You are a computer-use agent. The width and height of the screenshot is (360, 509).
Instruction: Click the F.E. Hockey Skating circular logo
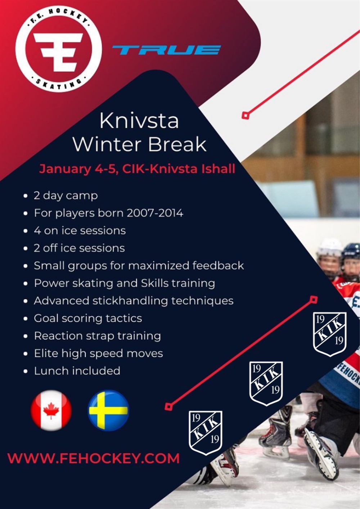pyautogui.click(x=59, y=49)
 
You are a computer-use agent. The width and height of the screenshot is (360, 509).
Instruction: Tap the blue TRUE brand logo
pyautogui.click(x=167, y=50)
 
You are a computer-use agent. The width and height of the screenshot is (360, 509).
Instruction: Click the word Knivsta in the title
pyautogui.click(x=139, y=121)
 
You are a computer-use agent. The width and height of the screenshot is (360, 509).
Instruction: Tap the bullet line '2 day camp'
pyautogui.click(x=66, y=196)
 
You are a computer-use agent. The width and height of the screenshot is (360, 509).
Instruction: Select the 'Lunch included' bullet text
pyautogui.click(x=77, y=371)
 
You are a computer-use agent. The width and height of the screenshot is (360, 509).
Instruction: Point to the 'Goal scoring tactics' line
pyautogui.click(x=88, y=318)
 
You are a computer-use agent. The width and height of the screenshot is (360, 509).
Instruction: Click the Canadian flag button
pyautogui.click(x=51, y=410)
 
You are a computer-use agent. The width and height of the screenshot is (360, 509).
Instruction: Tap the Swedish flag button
pyautogui.click(x=108, y=410)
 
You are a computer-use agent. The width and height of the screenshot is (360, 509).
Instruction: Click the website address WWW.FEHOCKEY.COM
pyautogui.click(x=93, y=458)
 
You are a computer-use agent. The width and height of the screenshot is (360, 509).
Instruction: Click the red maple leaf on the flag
pyautogui.click(x=51, y=410)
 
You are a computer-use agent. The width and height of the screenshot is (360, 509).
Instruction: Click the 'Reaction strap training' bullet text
pyautogui.click(x=98, y=336)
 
